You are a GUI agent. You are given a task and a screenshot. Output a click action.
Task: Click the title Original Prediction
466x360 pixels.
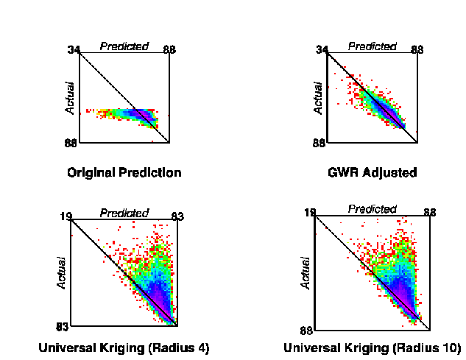click(x=124, y=173)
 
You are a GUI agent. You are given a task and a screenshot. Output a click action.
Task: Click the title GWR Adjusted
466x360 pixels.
click(x=372, y=173)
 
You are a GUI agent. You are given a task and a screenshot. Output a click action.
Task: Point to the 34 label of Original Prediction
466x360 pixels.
click(x=73, y=49)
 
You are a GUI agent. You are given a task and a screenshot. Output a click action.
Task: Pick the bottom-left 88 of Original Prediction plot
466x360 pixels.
click(x=71, y=143)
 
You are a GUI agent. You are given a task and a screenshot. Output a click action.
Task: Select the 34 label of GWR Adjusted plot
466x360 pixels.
click(x=322, y=49)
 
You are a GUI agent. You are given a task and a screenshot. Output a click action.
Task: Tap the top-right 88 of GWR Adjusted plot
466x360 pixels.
click(x=417, y=49)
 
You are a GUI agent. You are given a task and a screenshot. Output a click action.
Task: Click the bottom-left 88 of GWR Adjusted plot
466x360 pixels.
click(x=319, y=143)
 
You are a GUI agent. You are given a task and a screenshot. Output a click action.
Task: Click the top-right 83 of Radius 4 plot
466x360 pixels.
click(x=177, y=216)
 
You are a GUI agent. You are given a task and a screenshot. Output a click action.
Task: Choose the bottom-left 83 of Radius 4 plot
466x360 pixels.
click(x=62, y=326)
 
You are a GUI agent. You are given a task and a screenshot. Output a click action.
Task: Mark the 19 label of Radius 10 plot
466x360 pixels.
click(x=310, y=213)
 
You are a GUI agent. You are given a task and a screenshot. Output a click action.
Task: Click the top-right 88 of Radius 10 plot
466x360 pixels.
click(x=430, y=213)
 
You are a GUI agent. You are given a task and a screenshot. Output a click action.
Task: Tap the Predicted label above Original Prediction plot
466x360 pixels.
click(x=124, y=46)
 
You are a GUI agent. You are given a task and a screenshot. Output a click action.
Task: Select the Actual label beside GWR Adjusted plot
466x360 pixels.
click(x=318, y=97)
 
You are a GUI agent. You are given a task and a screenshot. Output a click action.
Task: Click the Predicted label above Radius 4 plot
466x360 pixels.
click(x=124, y=213)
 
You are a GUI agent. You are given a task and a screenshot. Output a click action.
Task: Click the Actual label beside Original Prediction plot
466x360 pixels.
click(x=71, y=97)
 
